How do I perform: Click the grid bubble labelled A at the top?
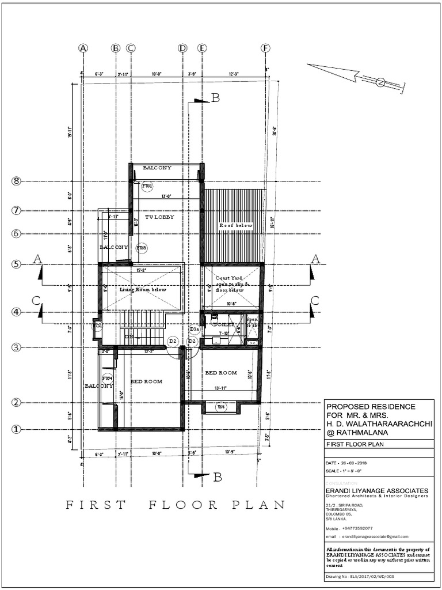pos(83,48)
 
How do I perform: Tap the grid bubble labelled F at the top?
pos(265,48)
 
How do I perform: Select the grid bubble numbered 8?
pos(17,181)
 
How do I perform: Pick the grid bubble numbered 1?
pos(17,429)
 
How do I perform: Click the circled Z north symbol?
pos(380,82)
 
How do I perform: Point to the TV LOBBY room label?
pos(159,217)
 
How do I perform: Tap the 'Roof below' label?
pos(235,225)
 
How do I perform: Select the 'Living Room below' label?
pos(143,290)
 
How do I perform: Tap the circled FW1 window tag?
pos(147,186)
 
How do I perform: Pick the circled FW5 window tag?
pos(142,248)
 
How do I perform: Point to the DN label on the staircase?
pos(129,335)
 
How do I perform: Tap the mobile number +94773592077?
pos(357,528)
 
